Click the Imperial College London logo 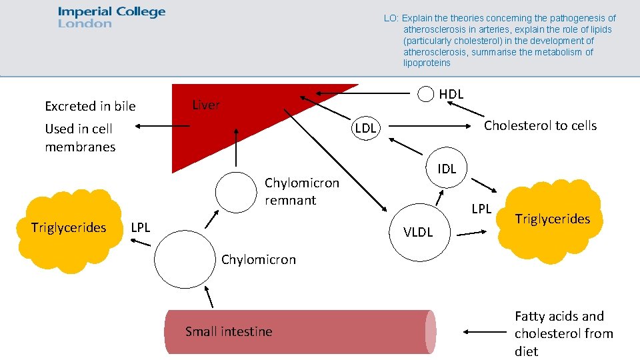111,17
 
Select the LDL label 365,128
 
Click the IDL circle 447,168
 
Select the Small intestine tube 300,331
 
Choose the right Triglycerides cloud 551,219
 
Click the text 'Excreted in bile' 90,106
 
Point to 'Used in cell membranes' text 79,137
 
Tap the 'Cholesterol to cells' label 540,125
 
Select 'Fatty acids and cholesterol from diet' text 563,333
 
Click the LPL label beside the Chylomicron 141,227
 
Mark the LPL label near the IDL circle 481,209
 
